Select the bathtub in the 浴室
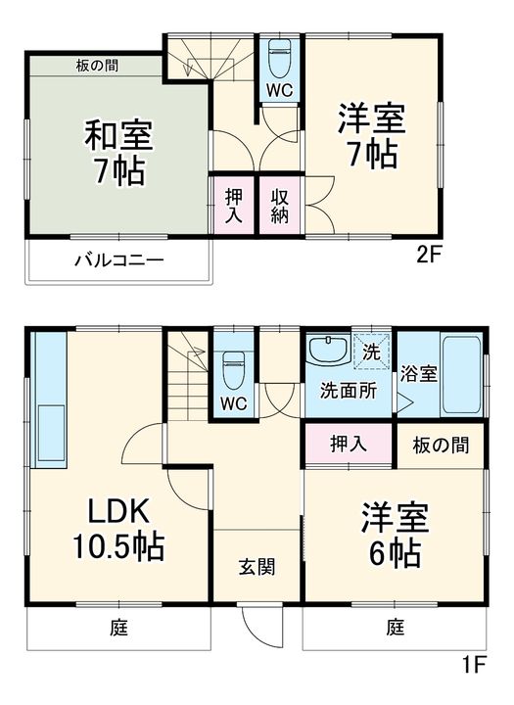coord(461,374)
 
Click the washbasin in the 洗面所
coord(327,349)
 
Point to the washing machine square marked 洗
coord(371,352)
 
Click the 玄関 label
coord(257,567)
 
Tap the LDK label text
coord(118,513)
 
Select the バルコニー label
coord(118,260)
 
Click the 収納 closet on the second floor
coord(279,205)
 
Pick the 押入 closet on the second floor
coord(234,205)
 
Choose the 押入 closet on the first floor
coord(349,445)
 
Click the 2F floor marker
coord(430,256)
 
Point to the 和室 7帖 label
coord(119,152)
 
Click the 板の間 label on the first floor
coord(441,446)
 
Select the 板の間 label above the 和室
coord(97,67)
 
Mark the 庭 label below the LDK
coord(119,628)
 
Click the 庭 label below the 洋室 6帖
coord(396,628)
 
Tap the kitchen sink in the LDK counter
coord(51,433)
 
